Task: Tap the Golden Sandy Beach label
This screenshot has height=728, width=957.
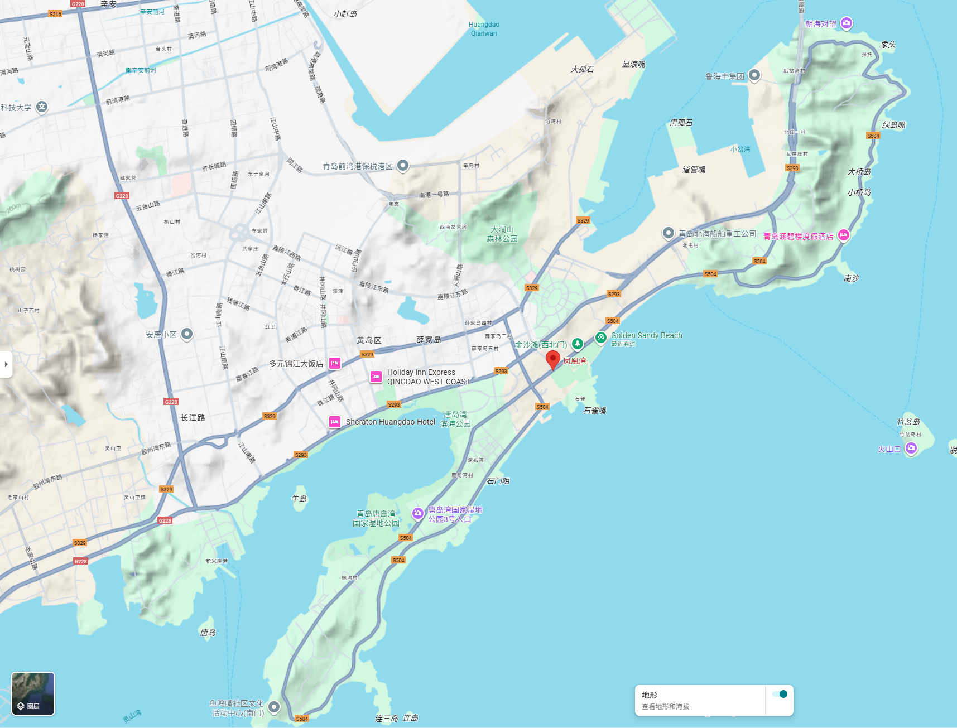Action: tap(646, 335)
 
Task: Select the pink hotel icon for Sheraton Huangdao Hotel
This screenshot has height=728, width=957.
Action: tap(335, 422)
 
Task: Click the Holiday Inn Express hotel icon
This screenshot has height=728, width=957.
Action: tap(376, 377)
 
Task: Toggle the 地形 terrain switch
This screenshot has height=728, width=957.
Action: tap(780, 695)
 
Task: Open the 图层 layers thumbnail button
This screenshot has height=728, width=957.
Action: tap(33, 693)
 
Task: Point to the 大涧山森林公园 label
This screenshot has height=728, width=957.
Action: tap(502, 234)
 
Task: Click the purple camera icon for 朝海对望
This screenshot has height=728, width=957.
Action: tap(847, 23)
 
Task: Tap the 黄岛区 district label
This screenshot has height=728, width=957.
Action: tap(369, 340)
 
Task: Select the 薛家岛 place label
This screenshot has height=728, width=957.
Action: tap(429, 340)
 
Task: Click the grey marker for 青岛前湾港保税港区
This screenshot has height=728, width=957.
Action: tap(403, 166)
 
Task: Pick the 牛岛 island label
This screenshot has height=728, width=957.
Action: tap(299, 499)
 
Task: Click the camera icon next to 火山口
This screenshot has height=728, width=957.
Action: tap(911, 448)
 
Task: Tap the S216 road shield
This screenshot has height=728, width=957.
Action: tap(55, 14)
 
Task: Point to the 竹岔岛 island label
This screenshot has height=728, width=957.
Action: tap(908, 422)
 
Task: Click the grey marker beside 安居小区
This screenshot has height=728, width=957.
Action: tap(187, 334)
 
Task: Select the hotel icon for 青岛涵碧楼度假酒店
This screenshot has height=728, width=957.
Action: tap(844, 235)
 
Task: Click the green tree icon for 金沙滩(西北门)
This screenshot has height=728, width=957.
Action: tap(578, 344)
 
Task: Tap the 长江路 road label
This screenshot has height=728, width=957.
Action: tap(193, 418)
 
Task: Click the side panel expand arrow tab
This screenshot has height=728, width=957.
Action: tap(6, 364)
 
